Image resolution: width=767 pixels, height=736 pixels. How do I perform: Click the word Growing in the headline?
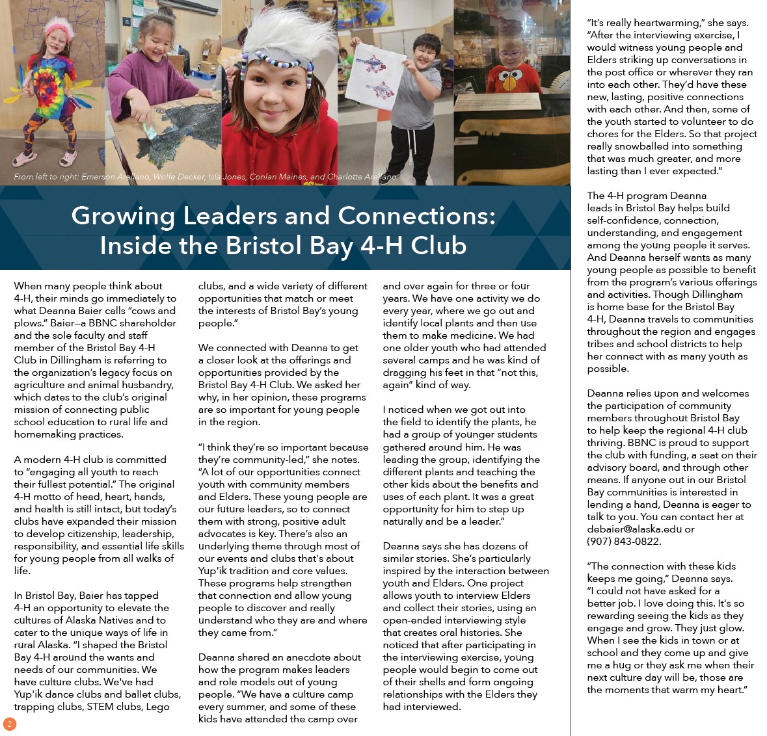point(123,216)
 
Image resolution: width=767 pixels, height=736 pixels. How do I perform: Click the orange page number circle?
point(9,724)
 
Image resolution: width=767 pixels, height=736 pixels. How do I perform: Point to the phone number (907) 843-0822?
point(623,542)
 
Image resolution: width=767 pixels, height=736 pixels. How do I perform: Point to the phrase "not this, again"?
point(492,379)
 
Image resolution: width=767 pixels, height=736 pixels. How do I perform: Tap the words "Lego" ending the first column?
point(157,707)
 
